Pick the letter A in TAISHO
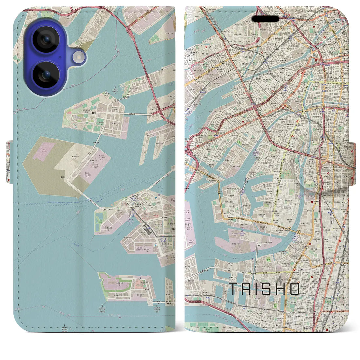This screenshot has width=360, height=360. pyautogui.click(x=246, y=288)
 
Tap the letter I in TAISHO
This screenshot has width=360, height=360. pyautogui.click(x=258, y=288)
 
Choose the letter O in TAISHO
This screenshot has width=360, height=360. pyautogui.click(x=295, y=288)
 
